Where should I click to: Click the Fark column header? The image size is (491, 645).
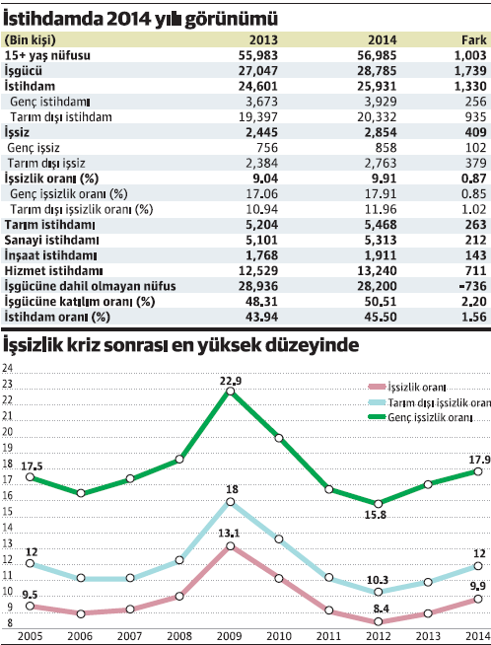471,37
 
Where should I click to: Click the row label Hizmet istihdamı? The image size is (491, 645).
53,269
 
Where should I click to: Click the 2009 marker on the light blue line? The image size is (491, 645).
230,502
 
